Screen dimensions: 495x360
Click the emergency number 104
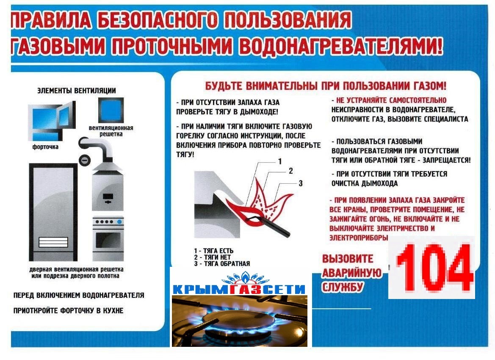click(x=435, y=268)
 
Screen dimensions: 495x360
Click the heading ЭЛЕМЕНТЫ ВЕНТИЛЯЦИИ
click(x=77, y=91)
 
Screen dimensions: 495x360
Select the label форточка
click(x=45, y=147)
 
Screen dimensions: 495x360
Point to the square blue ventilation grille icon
click(x=111, y=110)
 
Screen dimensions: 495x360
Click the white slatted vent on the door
click(x=53, y=243)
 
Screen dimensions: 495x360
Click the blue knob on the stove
click(x=119, y=222)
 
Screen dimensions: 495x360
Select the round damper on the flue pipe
click(x=84, y=161)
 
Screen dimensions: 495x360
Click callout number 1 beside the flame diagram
click(x=280, y=162)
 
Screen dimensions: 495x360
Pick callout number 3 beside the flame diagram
click(x=301, y=183)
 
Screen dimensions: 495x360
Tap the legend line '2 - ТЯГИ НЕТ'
click(x=213, y=257)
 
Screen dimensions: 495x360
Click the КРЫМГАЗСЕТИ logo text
click(x=239, y=289)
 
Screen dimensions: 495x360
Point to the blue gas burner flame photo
click(x=239, y=321)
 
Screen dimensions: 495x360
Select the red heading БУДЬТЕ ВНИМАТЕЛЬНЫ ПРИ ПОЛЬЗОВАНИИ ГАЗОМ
click(x=326, y=86)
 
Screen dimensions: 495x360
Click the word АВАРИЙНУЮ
click(x=352, y=273)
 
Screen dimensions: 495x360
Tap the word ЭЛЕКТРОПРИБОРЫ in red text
click(x=359, y=238)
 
